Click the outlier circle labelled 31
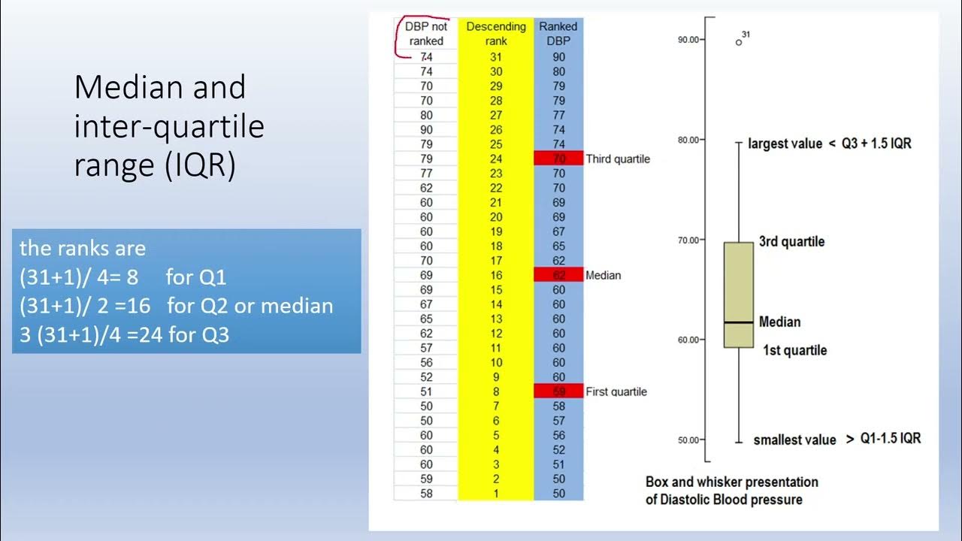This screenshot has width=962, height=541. click(739, 42)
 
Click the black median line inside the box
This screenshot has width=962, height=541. click(738, 322)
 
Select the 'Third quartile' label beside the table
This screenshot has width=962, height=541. click(618, 159)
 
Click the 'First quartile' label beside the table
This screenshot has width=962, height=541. click(616, 391)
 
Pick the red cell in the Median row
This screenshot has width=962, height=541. click(559, 275)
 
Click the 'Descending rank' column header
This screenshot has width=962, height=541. click(496, 34)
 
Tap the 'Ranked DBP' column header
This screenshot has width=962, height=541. click(558, 34)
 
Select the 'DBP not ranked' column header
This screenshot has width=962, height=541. click(426, 34)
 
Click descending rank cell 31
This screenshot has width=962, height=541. click(496, 56)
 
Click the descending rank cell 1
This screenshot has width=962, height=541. click(496, 494)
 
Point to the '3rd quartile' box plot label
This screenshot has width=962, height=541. click(791, 242)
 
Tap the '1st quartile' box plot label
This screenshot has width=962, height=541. click(794, 350)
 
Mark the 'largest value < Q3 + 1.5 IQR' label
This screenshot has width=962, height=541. click(830, 143)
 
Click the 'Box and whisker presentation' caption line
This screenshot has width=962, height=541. click(731, 482)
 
